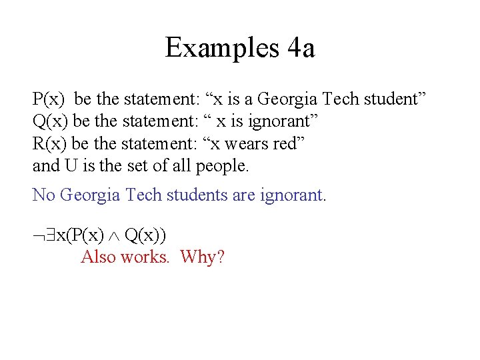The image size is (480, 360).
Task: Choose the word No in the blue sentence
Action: (x=43, y=195)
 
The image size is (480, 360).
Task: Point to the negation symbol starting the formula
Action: (x=38, y=235)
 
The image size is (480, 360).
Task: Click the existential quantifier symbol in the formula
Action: (x=49, y=235)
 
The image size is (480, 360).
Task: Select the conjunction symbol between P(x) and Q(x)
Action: (x=114, y=235)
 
